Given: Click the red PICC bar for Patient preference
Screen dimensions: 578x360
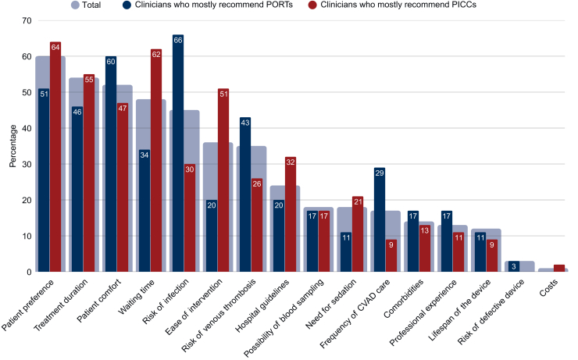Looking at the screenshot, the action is coord(55,157).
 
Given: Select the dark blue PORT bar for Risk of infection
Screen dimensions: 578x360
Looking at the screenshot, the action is coord(178,153).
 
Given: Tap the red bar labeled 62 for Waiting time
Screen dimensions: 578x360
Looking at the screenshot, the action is coord(156,160).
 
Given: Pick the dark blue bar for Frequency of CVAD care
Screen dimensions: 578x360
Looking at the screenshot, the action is coord(380,219).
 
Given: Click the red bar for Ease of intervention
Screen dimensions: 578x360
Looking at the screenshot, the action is coord(223,180).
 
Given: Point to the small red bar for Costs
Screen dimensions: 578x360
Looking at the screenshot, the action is coord(559,269).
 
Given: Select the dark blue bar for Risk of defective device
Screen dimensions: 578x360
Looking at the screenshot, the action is coord(514,266).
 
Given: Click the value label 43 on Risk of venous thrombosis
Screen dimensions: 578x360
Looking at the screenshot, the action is coord(245,123).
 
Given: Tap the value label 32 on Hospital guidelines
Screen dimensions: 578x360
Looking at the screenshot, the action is coord(291,162).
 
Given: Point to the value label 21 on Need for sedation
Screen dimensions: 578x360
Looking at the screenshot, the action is coord(358,201).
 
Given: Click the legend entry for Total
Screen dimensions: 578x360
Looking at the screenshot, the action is coord(86,5).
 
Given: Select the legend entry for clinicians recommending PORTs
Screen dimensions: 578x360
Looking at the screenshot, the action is coord(208,5).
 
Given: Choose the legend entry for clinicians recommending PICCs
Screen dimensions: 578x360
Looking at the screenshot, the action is coord(392,5).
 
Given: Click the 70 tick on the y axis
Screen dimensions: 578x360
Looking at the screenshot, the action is coord(27,20).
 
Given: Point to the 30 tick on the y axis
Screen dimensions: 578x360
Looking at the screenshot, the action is coord(27,164).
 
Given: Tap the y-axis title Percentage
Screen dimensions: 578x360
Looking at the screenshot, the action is coord(13,146).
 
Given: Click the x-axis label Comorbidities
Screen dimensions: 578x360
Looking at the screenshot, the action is coord(403,299).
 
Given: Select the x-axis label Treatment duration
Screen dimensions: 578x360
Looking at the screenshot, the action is coord(61,305).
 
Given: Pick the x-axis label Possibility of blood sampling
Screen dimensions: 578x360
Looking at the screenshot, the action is coord(284,318).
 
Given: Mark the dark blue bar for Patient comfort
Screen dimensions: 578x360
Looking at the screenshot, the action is coord(111,164).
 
